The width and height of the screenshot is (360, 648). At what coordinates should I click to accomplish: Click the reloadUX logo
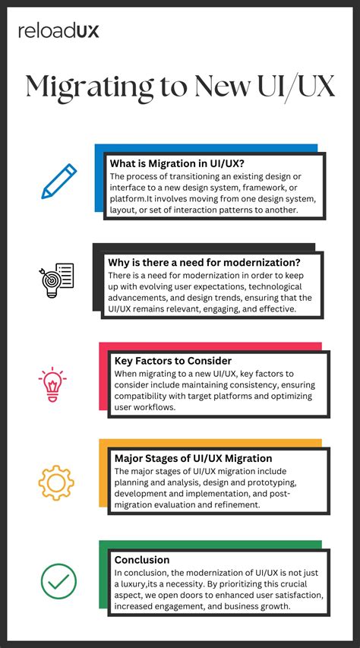58,30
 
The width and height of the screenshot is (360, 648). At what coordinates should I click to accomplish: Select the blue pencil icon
59,180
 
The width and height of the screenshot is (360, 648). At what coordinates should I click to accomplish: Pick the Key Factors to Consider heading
172,361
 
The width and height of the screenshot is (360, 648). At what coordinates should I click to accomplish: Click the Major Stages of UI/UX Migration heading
193,458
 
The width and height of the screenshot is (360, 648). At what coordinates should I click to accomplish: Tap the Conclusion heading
142,560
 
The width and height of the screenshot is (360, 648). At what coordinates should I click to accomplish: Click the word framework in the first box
279,188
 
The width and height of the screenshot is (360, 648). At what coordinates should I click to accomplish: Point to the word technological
270,286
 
